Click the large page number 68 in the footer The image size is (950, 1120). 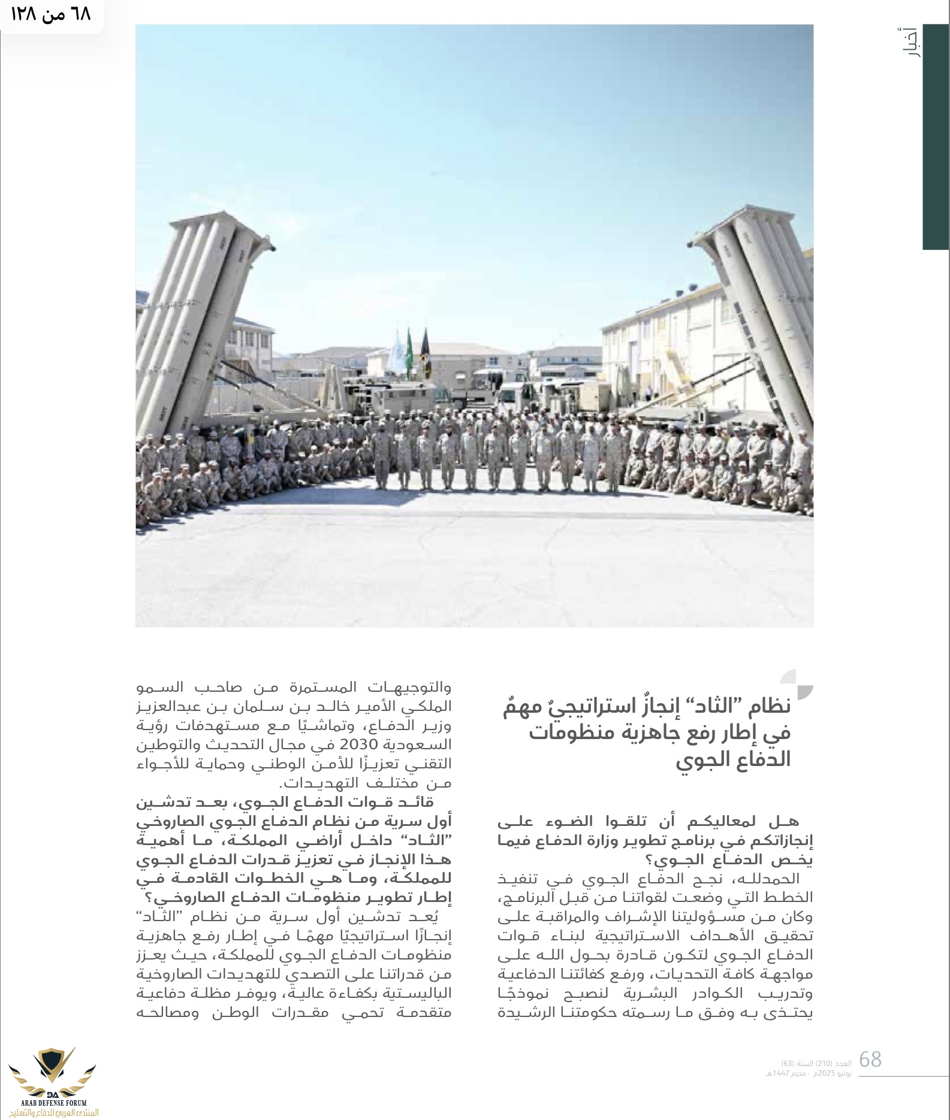click(x=870, y=1060)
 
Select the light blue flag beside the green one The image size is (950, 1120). click(x=396, y=353)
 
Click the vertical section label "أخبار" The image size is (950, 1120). click(x=911, y=42)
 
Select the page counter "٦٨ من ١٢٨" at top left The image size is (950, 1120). click(x=50, y=14)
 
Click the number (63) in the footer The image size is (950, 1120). click(x=788, y=1063)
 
